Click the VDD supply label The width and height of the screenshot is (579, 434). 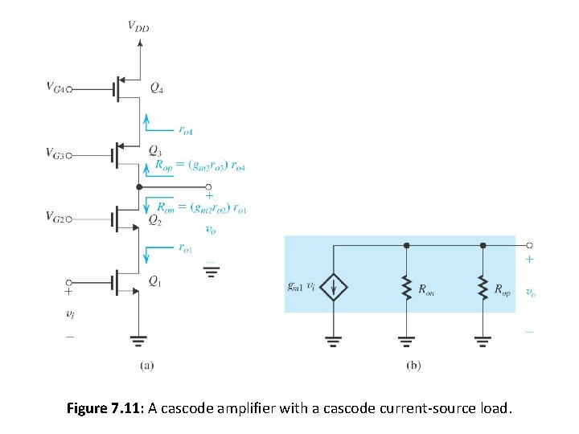138,27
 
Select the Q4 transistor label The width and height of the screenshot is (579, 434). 159,88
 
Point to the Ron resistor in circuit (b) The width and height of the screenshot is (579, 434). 406,287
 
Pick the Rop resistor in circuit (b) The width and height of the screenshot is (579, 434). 482,287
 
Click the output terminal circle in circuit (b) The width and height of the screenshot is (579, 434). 528,245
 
